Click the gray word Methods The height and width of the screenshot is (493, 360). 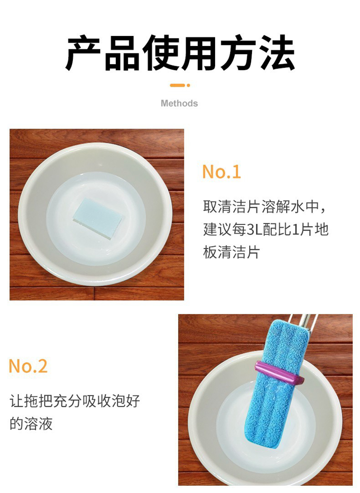180,104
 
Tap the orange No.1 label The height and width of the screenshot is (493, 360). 222,172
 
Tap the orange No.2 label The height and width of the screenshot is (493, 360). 28,366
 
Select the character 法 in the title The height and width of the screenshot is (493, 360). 277,53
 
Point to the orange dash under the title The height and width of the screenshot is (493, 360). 177,85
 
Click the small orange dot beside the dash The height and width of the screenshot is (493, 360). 188,85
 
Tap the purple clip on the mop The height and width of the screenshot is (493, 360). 279,373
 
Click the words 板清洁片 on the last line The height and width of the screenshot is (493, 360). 231,252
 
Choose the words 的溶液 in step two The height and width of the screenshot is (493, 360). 31,424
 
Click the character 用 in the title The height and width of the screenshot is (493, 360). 200,53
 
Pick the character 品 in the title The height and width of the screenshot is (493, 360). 122,53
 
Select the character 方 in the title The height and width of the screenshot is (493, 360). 239,53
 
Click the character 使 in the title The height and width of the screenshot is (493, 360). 161,53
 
